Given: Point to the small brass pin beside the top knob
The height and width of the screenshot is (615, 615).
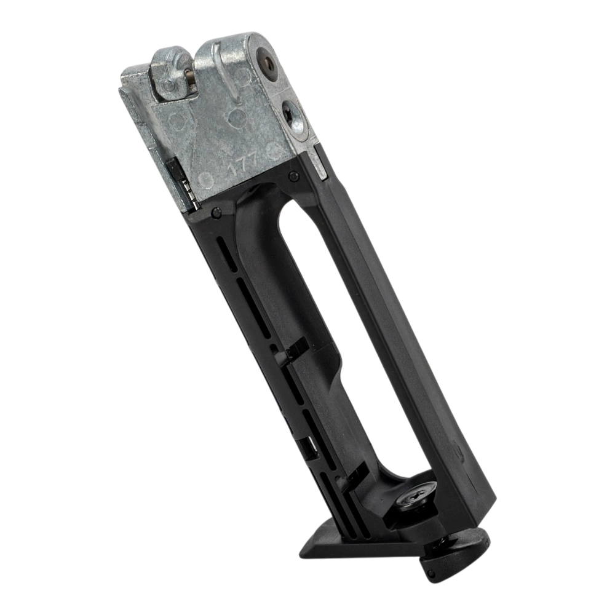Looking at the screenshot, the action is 191,73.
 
